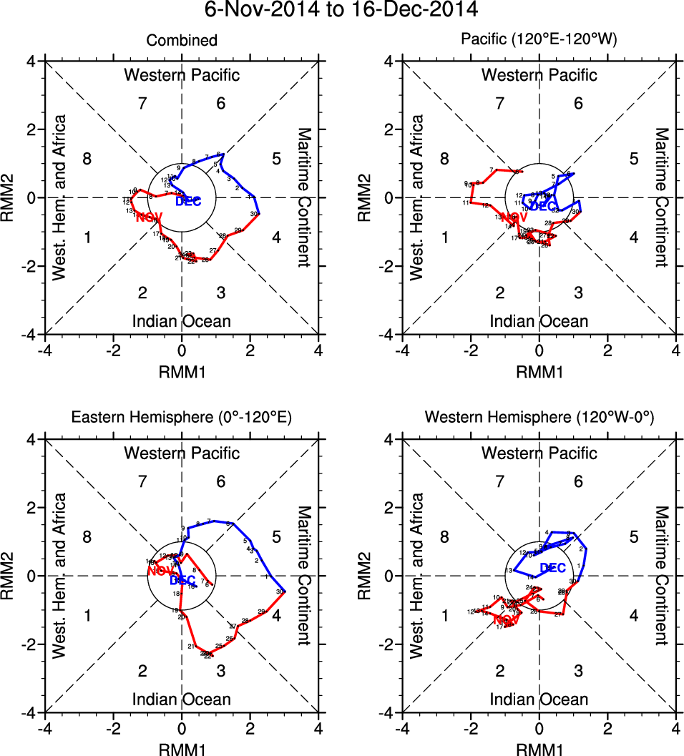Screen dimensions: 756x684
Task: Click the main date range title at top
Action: point(341,10)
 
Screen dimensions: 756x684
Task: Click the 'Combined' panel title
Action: point(182,41)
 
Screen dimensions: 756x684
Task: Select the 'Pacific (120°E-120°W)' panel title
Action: point(539,41)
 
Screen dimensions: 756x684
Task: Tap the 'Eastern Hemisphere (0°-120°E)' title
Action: point(182,418)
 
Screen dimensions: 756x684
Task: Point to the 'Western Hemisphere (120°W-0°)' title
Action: point(539,418)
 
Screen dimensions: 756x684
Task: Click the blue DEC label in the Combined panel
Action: point(189,202)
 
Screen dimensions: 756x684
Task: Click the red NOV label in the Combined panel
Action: point(150,217)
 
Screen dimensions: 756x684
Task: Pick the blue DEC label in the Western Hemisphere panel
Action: point(553,568)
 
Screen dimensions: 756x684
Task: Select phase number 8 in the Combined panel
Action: point(87,158)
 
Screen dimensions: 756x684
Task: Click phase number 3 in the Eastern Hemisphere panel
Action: point(221,670)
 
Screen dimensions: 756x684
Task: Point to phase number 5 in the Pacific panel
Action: point(633,158)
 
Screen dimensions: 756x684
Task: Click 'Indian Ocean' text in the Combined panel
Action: point(182,321)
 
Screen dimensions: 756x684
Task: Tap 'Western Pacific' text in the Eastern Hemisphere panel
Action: point(182,453)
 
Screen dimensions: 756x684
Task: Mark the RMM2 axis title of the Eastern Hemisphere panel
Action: point(12,576)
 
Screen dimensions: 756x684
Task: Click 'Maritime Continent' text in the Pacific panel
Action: point(662,197)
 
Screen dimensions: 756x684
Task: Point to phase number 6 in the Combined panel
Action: point(221,103)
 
